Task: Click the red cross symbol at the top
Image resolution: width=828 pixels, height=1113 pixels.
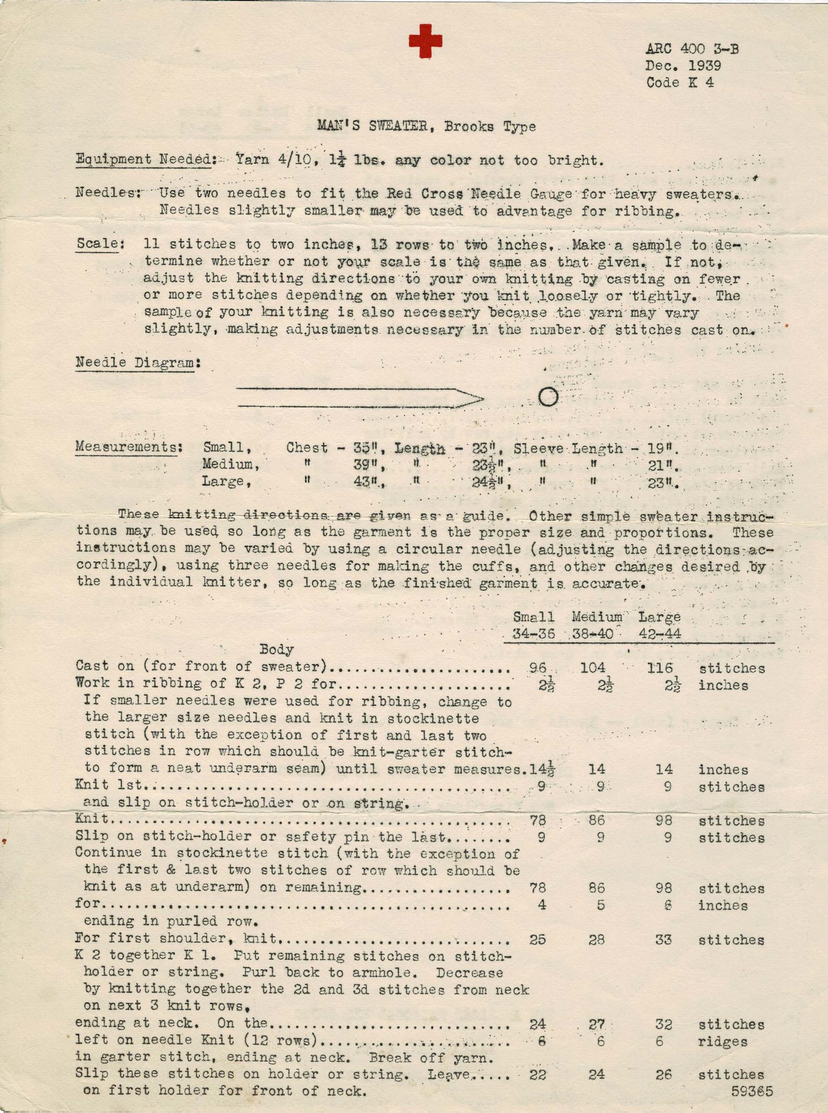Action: pyautogui.click(x=425, y=41)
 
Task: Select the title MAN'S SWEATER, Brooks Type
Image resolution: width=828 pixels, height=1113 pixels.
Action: pyautogui.click(x=426, y=126)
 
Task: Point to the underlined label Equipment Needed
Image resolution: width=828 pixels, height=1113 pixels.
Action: pyautogui.click(x=143, y=160)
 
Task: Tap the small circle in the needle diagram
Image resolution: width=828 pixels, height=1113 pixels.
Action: pyautogui.click(x=548, y=397)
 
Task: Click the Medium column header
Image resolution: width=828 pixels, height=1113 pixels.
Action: pyautogui.click(x=597, y=617)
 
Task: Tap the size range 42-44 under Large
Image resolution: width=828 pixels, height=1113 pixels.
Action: pyautogui.click(x=660, y=634)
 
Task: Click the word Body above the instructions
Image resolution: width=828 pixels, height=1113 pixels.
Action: pyautogui.click(x=276, y=650)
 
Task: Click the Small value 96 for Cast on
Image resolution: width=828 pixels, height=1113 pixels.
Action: pyautogui.click(x=537, y=668)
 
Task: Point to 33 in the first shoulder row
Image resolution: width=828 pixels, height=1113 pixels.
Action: pyautogui.click(x=663, y=940)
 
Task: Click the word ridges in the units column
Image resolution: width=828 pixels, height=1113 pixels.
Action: pyautogui.click(x=723, y=1041)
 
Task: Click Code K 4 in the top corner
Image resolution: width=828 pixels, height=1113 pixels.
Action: pyautogui.click(x=679, y=83)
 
